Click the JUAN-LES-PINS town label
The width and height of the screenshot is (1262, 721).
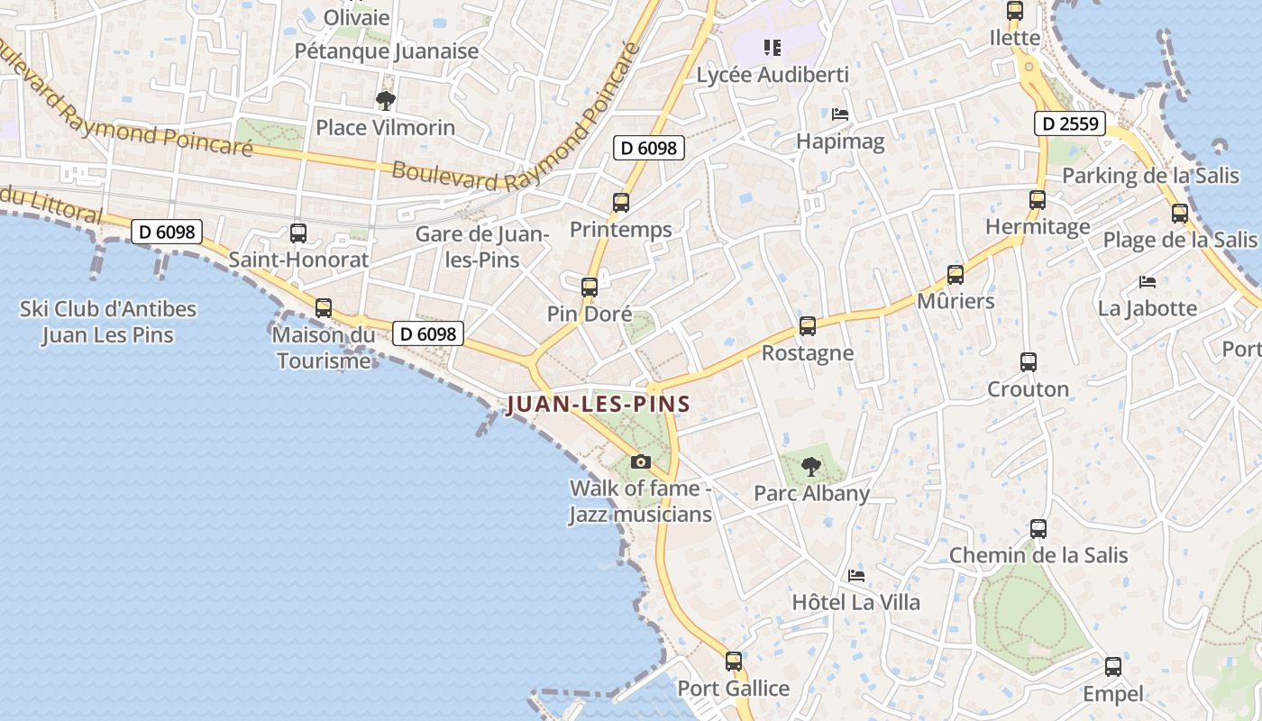(x=598, y=405)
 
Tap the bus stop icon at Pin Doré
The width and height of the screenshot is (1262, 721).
(x=590, y=287)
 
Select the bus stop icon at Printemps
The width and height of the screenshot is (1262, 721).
(x=621, y=203)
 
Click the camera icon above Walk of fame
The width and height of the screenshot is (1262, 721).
(x=641, y=462)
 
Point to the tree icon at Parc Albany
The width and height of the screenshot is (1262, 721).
(x=811, y=467)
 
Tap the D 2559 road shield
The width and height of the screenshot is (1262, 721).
(x=1070, y=123)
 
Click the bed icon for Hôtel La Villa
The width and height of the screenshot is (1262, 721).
(x=856, y=575)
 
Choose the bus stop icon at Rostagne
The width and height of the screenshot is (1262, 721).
(x=808, y=326)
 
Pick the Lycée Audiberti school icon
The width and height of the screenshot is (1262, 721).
(x=772, y=47)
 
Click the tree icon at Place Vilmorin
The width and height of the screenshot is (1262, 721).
(x=386, y=100)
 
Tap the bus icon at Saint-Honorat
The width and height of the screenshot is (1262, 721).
(x=298, y=233)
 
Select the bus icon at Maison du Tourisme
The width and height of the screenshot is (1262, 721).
(x=324, y=308)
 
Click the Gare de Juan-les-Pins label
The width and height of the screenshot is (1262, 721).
(x=482, y=247)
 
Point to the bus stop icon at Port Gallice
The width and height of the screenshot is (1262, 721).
(x=734, y=662)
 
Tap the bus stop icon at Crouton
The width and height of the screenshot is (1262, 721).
(x=1029, y=362)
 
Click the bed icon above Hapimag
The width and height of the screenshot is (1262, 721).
(x=840, y=114)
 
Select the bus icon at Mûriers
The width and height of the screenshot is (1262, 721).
(x=956, y=275)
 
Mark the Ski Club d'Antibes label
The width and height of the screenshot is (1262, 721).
(x=108, y=322)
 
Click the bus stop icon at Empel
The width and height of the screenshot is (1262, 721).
(x=1113, y=667)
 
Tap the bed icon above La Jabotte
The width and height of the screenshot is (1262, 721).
(x=1148, y=282)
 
